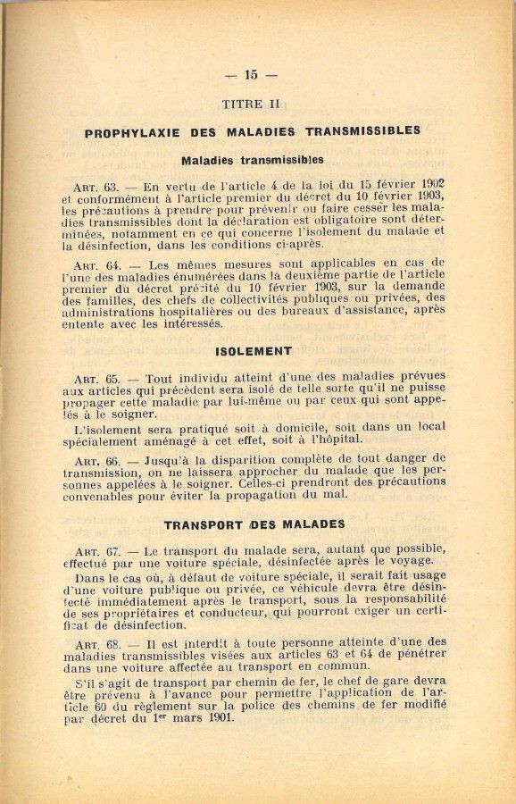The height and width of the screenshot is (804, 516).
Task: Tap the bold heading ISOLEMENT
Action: [x=254, y=351]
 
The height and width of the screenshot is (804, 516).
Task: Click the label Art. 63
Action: [x=97, y=188]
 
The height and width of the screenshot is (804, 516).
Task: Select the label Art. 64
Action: [x=97, y=264]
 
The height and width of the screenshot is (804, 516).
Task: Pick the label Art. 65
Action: [x=97, y=379]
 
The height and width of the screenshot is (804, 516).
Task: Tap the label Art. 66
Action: [x=97, y=461]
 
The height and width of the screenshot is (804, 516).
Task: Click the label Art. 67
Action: [x=97, y=550]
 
